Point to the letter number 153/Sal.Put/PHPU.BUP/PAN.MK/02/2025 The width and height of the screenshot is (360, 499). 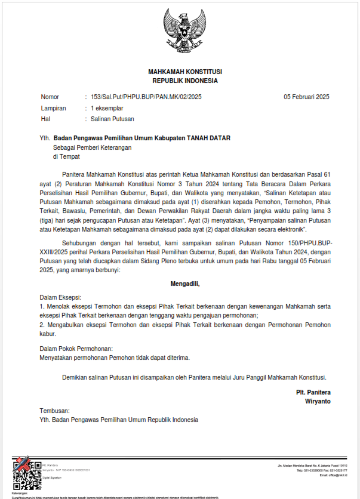coord(146,97)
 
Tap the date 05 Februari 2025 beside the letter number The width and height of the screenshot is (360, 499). coord(306,97)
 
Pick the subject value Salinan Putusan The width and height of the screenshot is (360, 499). coord(112,119)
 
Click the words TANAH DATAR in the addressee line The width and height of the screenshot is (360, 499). coord(209,138)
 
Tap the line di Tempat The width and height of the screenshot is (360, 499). coord(66,157)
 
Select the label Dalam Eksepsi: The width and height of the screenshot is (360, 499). coord(60,297)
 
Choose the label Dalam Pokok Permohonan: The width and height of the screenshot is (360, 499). coord(76,348)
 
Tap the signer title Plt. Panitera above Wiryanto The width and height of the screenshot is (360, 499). coord(313,392)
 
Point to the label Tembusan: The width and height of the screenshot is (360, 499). coord(55,411)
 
